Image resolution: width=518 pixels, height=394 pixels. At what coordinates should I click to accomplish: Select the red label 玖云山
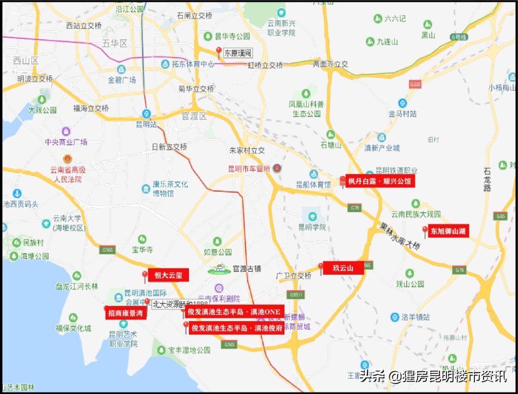[x=343, y=268]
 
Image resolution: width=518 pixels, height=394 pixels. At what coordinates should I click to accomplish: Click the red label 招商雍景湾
[x=126, y=313]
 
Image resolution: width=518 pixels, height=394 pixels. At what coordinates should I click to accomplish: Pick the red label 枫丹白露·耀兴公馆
[x=380, y=181]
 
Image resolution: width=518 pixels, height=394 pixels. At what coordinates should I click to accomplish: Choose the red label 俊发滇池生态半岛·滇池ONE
[x=234, y=312]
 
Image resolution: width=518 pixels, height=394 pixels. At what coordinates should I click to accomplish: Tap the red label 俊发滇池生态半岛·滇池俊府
[x=237, y=328]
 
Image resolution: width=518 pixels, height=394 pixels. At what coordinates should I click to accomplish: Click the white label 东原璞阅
[x=238, y=53]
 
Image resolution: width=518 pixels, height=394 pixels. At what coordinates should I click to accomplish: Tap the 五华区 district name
[x=115, y=44]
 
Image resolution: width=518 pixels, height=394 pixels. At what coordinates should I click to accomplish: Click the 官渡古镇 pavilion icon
[x=219, y=269]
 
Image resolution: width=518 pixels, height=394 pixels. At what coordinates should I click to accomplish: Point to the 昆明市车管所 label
[x=250, y=169]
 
